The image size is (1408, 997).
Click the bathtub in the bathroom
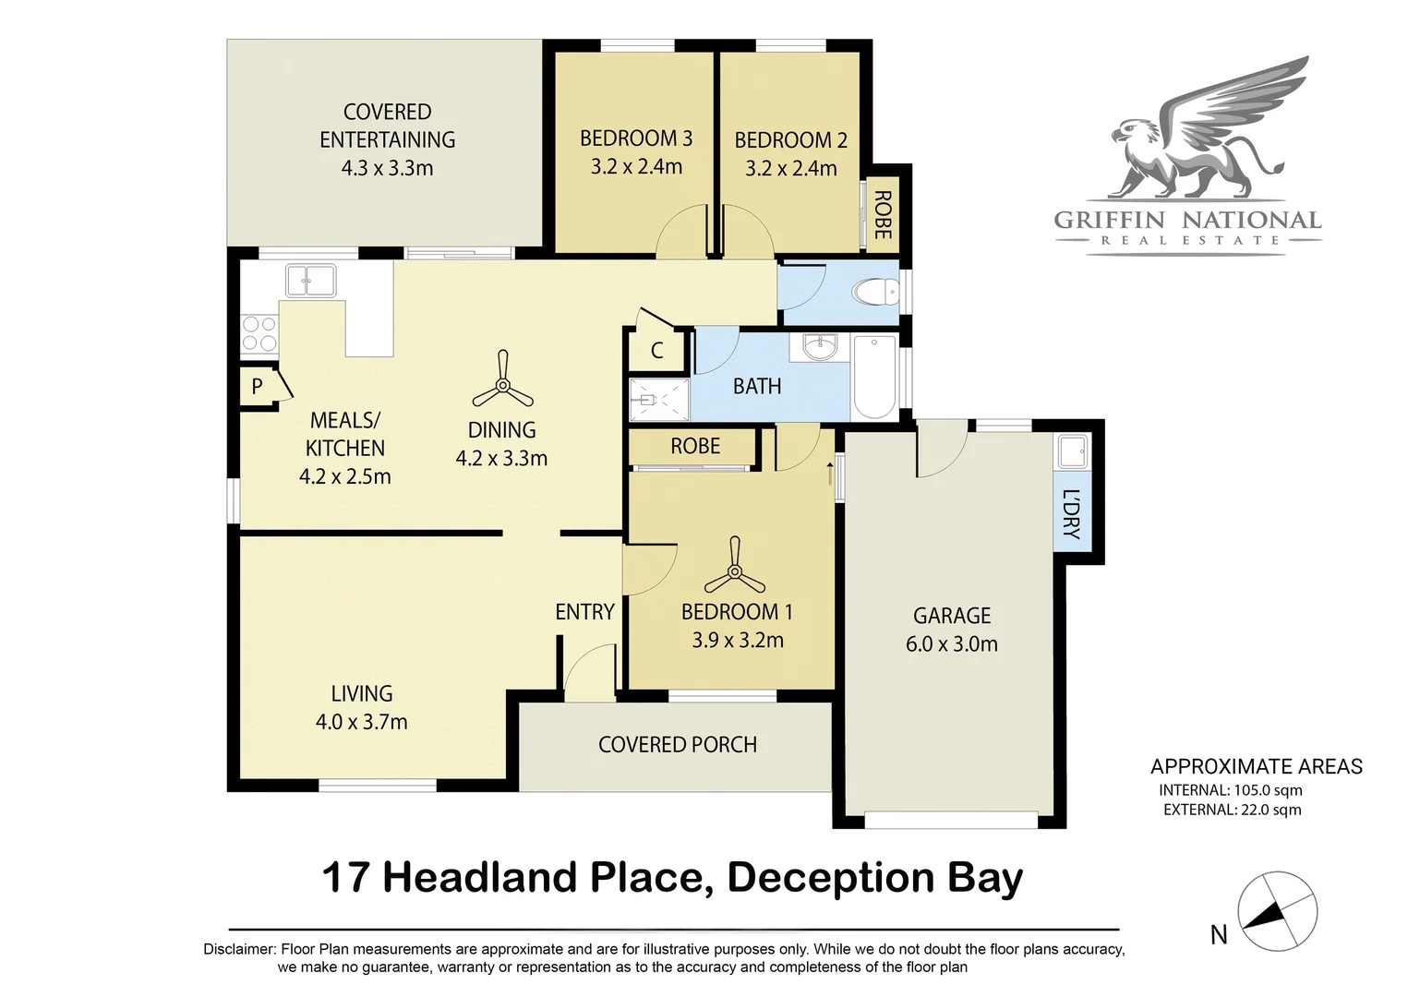pyautogui.click(x=874, y=377)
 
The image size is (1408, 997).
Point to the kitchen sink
pyautogui.click(x=310, y=280)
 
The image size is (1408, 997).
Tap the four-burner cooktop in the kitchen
pyautogui.click(x=259, y=334)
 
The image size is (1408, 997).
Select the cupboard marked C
pyautogui.click(x=657, y=351)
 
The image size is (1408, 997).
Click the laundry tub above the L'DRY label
pyautogui.click(x=1072, y=452)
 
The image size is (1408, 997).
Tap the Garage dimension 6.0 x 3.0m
pyautogui.click(x=951, y=644)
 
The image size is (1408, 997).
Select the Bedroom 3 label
pyautogui.click(x=635, y=138)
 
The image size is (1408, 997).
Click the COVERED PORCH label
pyautogui.click(x=677, y=745)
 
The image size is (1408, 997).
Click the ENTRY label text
pyautogui.click(x=584, y=612)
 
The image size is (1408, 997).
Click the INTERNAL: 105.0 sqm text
pyautogui.click(x=1230, y=790)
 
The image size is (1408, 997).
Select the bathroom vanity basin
pyautogui.click(x=819, y=348)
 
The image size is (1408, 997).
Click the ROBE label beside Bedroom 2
pyautogui.click(x=883, y=215)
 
